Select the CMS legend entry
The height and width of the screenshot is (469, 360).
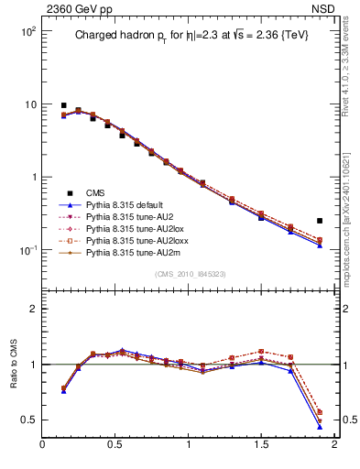pos(95,192)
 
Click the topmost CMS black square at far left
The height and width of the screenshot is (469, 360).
pos(63,105)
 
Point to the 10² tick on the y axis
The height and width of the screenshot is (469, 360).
pos(28,31)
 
